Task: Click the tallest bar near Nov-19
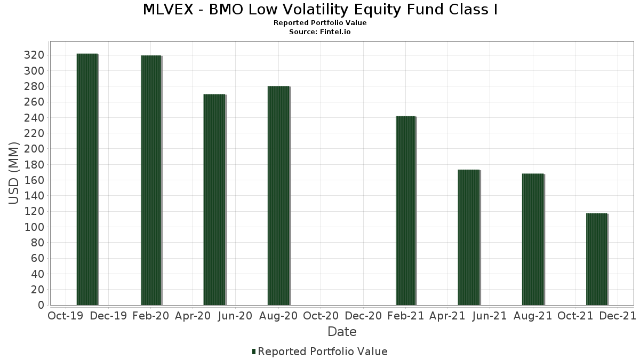click(x=87, y=179)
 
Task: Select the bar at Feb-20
click(x=151, y=180)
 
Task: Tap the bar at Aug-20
click(x=278, y=195)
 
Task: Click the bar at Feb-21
click(x=405, y=211)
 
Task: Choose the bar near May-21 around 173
click(x=469, y=237)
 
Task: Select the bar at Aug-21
click(x=533, y=239)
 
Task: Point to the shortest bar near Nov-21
click(x=596, y=259)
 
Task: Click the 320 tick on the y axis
click(x=34, y=55)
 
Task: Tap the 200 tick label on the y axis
click(x=34, y=149)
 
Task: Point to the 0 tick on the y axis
click(x=41, y=305)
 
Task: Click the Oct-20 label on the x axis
click(x=321, y=316)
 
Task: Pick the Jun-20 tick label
click(x=235, y=316)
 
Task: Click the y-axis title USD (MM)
click(x=14, y=173)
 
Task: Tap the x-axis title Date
click(x=342, y=332)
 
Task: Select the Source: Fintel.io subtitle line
click(x=320, y=32)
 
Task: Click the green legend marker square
click(x=254, y=351)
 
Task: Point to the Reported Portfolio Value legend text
click(x=323, y=351)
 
